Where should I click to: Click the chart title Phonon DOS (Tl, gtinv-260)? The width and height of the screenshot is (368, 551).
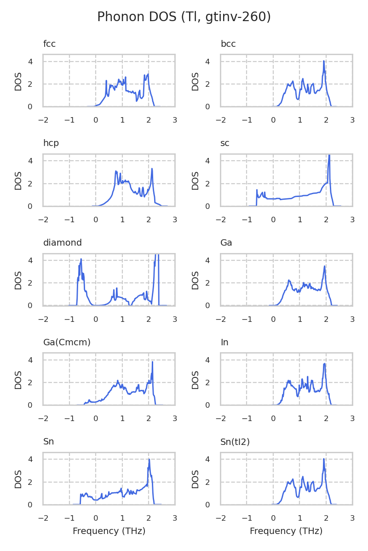[x=184, y=17]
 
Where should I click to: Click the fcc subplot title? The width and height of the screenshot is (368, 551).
[x=49, y=44]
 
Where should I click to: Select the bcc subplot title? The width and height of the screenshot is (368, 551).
[x=228, y=44]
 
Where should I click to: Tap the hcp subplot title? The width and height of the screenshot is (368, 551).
[x=51, y=143]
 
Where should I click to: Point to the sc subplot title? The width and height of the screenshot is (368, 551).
[x=225, y=143]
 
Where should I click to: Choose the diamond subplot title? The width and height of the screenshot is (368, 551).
[x=63, y=243]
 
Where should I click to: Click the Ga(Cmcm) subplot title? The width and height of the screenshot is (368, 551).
[x=67, y=343]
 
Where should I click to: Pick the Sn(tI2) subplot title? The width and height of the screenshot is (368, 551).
[x=235, y=442]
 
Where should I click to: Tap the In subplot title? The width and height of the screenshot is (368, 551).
[x=224, y=343]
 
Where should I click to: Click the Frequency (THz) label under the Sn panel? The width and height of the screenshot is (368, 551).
[x=109, y=531]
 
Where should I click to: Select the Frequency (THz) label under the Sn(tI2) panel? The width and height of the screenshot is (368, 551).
[x=286, y=531]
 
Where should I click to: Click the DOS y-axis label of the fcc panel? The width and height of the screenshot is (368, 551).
[x=18, y=81]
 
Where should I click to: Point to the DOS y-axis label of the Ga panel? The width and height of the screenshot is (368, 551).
[x=195, y=280]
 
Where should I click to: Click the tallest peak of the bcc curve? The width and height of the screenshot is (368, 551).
[x=324, y=61]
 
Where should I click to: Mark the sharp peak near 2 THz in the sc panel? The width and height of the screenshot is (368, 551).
[x=329, y=156]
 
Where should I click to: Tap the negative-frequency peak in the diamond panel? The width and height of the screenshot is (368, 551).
[x=81, y=259]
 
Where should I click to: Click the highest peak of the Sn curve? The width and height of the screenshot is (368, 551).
[x=149, y=460]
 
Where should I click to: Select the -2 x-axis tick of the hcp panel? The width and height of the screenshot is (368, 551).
[x=43, y=219]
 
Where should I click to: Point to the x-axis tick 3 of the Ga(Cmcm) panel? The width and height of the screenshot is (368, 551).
[x=175, y=418]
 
